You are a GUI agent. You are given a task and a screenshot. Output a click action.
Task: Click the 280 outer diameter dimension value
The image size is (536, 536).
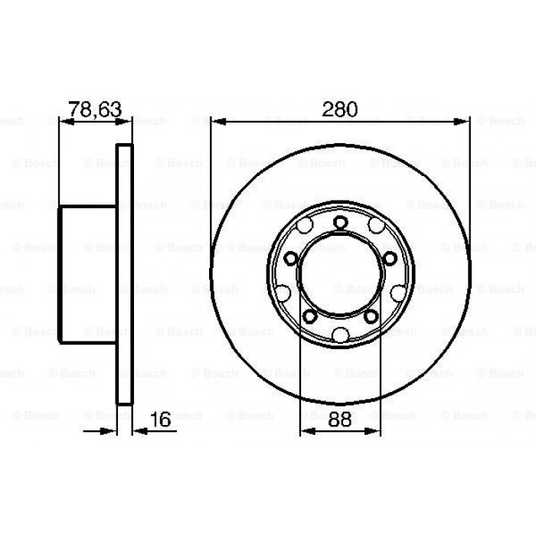click(x=339, y=109)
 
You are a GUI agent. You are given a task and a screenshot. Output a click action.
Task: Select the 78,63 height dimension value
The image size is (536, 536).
click(x=95, y=109)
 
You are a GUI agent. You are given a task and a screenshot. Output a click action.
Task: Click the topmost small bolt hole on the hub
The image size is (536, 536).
click(x=340, y=222)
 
